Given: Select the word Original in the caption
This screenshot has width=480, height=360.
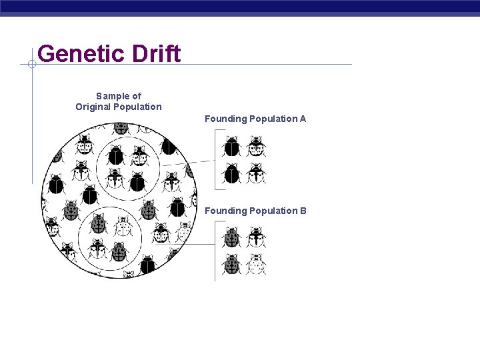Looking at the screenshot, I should point(94,107).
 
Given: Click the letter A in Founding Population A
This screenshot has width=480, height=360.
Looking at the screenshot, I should point(303,119).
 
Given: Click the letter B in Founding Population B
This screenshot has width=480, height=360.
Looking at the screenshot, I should point(303,211).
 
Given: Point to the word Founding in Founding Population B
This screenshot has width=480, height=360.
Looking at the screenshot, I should point(225,211).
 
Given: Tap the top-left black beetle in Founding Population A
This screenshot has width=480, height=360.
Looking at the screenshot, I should point(232,146).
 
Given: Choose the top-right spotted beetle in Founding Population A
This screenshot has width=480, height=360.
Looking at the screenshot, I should point(256,146).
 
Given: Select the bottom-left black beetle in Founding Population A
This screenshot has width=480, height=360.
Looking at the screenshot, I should point(232,173).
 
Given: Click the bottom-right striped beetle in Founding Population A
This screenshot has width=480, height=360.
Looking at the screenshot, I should point(256,173).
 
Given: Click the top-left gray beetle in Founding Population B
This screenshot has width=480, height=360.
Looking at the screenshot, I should point(232,237).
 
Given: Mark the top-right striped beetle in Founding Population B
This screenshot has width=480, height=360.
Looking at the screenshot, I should point(256,237).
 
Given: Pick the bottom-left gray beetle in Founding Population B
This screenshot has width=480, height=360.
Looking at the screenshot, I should point(232,264).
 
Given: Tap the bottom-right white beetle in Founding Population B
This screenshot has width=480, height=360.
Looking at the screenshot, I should point(256,264).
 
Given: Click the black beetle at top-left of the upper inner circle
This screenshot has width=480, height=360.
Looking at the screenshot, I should point(116,156).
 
